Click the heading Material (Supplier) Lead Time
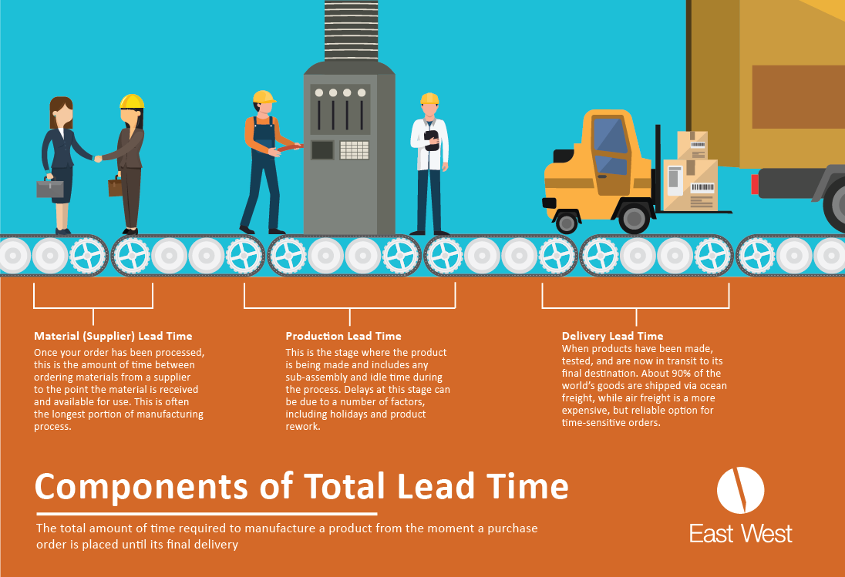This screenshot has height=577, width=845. tap(113, 336)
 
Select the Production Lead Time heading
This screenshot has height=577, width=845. tap(343, 336)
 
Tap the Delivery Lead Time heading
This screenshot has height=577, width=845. tap(612, 336)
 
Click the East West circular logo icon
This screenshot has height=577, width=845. tap(740, 490)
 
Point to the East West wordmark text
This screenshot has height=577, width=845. tap(740, 533)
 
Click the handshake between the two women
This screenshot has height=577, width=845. tap(98, 159)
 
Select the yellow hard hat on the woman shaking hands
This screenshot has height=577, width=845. tap(132, 102)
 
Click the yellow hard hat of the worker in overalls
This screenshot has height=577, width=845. tap(264, 97)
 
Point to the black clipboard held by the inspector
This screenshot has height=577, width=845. tap(431, 139)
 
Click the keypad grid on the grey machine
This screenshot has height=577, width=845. tap(354, 149)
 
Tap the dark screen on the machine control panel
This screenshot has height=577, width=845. tap(322, 149)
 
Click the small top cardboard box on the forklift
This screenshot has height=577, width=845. tap(692, 145)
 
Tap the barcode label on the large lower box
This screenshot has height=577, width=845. tap(702, 187)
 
